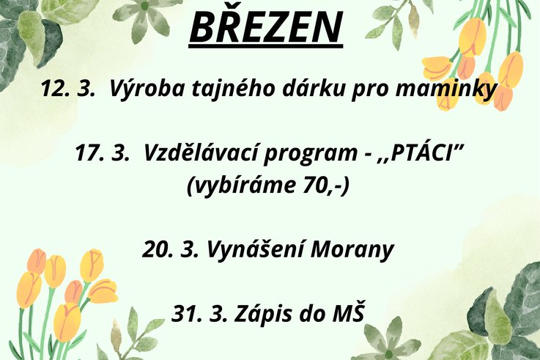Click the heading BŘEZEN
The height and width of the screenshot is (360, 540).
265,26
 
